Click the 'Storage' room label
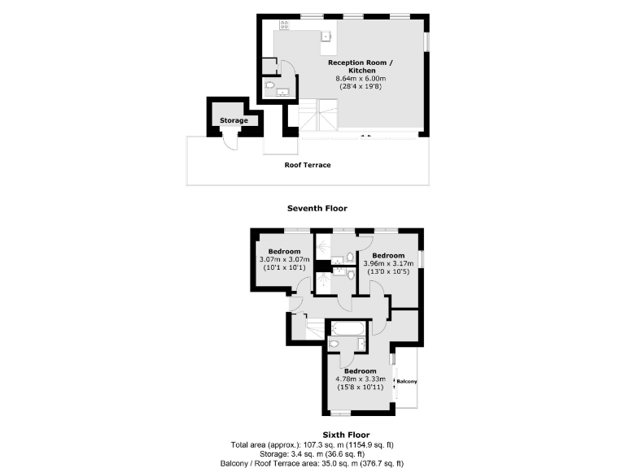234,121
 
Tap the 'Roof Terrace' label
308,165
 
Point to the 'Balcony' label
406,382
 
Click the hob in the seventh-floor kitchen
284,25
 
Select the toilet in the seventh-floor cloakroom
270,84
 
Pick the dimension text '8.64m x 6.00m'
363,78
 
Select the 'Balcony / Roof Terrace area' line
312,463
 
